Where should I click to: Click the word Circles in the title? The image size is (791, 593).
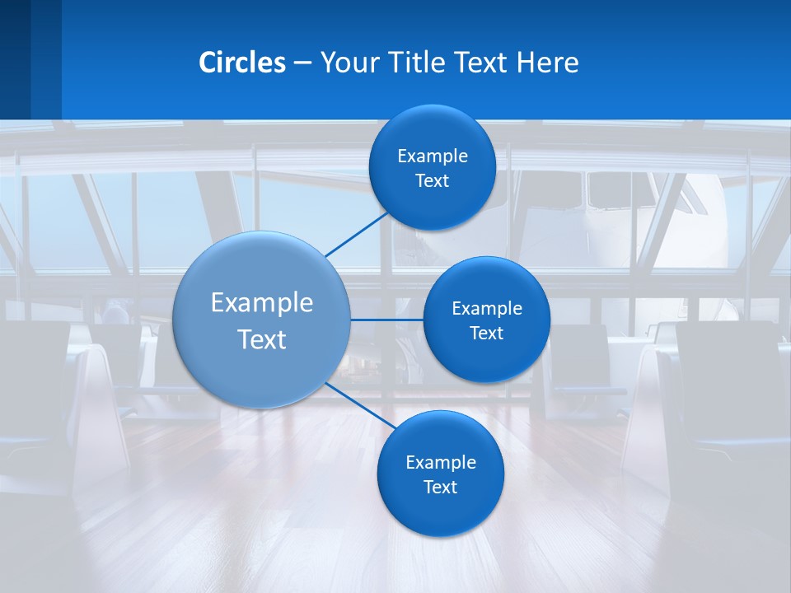242,63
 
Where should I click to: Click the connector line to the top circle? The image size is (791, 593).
357,234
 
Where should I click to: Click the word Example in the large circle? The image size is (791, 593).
262,303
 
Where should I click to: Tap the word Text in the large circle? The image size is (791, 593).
262,339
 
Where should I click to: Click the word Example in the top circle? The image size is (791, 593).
433,156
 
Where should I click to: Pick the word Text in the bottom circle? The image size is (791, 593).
440,487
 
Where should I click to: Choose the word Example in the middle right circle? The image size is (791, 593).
487,309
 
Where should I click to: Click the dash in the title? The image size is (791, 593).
302,63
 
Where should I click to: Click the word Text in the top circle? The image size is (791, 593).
432,181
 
